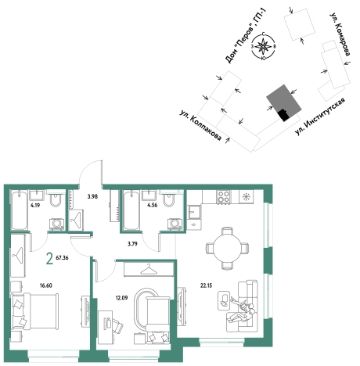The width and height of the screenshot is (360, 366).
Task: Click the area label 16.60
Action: [46, 285]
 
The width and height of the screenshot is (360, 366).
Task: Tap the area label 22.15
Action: [206, 285]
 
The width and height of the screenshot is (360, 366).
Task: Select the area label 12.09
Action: [121, 298]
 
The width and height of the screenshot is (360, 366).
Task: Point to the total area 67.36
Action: [62, 258]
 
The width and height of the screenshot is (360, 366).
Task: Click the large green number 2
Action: [49, 259]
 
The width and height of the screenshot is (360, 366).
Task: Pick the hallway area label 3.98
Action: [92, 197]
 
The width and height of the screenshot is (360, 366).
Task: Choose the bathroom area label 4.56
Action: [153, 205]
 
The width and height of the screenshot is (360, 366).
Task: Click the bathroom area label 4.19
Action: [35, 205]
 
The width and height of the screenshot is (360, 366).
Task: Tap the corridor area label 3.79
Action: [132, 244]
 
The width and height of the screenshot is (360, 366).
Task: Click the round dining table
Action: [227, 248]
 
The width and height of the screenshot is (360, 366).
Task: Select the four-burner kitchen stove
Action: [225, 197]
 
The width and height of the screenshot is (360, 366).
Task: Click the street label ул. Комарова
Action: [340, 34]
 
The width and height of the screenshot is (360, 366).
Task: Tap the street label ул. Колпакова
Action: [201, 125]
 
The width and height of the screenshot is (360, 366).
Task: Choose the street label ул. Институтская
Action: [320, 117]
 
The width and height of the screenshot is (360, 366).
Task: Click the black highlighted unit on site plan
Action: [283, 115]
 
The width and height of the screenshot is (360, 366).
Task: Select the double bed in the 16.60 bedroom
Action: [34, 311]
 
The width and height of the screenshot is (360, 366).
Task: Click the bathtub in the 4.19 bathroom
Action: [20, 210]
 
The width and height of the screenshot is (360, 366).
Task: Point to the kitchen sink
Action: [194, 212]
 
